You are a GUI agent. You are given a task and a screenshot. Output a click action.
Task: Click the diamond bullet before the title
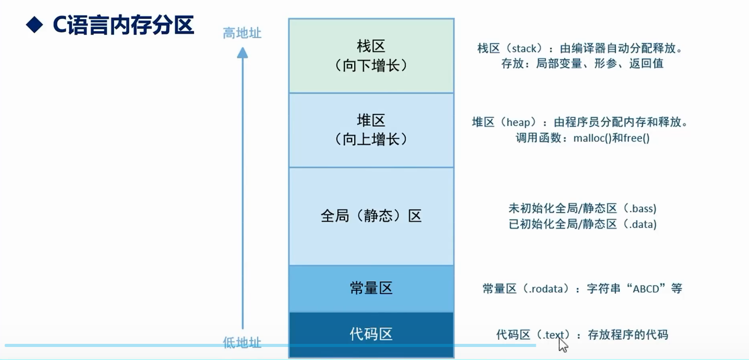point(34,25)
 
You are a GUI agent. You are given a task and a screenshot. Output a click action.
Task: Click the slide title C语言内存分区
point(123,25)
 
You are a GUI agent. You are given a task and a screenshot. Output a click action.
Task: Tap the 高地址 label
point(242,33)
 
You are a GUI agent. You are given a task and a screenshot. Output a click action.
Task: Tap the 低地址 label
point(242,342)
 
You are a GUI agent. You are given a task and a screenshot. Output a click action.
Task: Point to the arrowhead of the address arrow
point(242,52)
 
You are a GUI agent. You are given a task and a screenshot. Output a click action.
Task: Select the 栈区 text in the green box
point(371,46)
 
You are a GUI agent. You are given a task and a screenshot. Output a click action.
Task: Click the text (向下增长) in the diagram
point(371,65)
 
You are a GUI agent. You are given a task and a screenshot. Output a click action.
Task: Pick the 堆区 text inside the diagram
point(371,121)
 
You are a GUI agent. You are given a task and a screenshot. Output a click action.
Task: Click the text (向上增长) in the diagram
point(371,139)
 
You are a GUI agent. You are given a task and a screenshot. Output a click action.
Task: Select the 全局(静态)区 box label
point(371,216)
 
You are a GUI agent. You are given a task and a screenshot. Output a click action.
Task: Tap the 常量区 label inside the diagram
point(371,288)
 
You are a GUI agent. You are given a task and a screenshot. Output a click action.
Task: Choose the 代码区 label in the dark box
point(371,334)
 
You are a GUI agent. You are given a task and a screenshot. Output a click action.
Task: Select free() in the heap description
point(637,138)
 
